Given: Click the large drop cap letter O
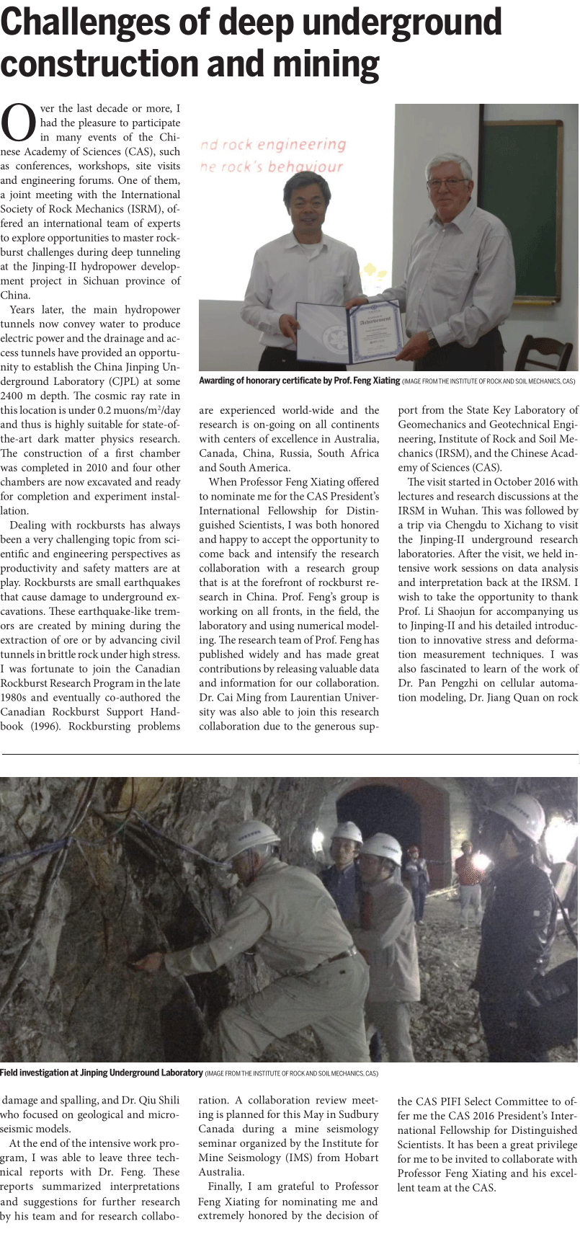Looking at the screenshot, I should click(19, 123).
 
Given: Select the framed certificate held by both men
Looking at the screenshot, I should click(349, 330).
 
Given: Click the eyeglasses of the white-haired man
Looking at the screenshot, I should click(446, 183).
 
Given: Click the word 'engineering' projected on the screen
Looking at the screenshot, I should click(305, 144).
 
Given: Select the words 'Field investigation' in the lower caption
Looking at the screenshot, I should click(40, 1073).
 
